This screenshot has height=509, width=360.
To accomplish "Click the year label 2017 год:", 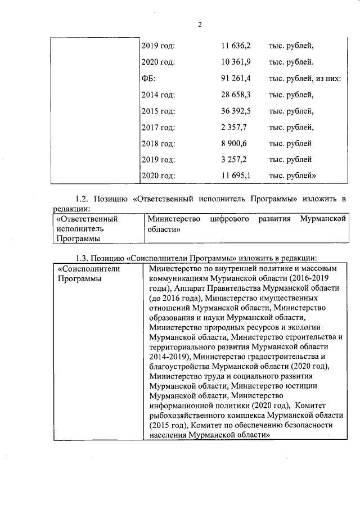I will click(158, 127).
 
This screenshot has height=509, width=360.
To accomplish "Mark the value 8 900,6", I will click(236, 143).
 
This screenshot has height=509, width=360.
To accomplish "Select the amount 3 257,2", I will click(236, 160).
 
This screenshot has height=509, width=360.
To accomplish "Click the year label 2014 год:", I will click(158, 94).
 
